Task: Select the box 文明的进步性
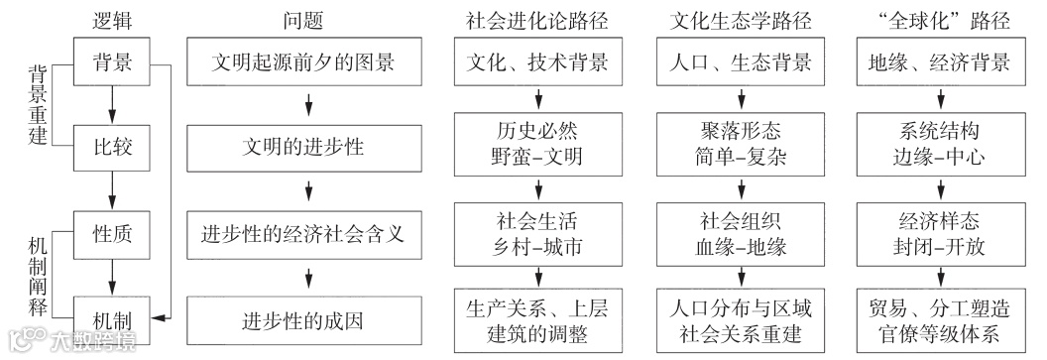click(x=308, y=149)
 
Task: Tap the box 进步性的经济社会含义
click(x=308, y=235)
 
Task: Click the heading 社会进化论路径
click(x=535, y=19)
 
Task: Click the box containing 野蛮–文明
click(x=536, y=144)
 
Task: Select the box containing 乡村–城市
click(x=536, y=230)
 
